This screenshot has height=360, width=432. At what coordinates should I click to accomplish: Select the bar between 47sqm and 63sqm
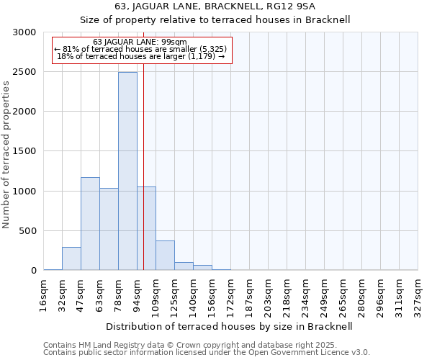coord(90,224)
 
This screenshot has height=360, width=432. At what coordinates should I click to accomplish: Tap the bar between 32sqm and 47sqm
coord(71,258)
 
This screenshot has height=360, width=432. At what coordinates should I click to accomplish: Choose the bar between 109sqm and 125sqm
coord(165,256)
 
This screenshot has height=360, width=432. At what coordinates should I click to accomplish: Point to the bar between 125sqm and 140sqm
coord(184,266)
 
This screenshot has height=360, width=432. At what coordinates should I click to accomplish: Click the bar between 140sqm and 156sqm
coord(202,268)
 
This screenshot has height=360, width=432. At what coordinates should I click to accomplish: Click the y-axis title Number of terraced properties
coord(6,155)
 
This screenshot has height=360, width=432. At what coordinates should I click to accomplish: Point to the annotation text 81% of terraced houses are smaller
coord(140,49)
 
